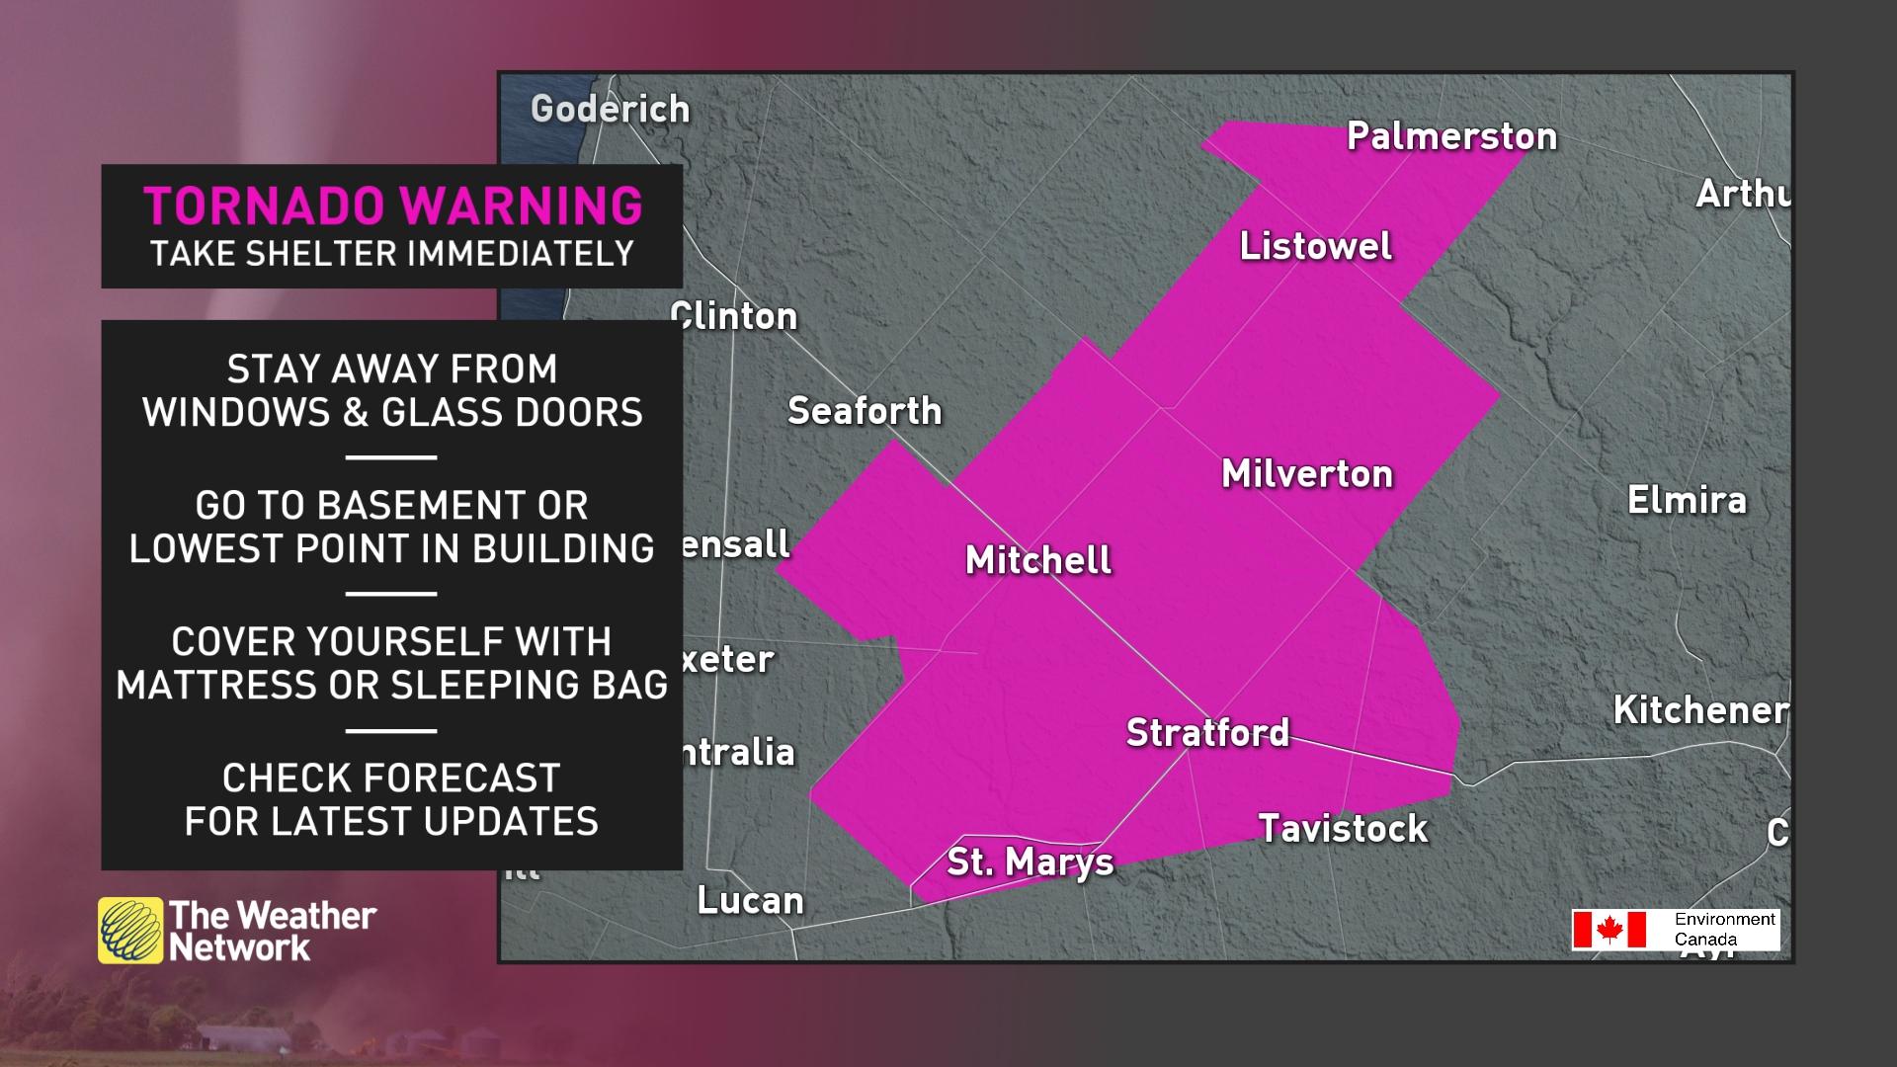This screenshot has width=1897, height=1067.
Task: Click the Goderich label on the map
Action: tap(610, 109)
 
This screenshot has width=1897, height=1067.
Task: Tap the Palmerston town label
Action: tap(1451, 136)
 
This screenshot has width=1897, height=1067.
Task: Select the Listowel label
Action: tap(1315, 246)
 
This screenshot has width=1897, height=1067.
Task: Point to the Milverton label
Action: tap(1307, 474)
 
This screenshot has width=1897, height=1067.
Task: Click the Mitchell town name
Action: tap(1037, 560)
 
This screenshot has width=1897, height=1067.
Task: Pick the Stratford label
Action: tap(1207, 733)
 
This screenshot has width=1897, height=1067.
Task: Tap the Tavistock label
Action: tap(1343, 828)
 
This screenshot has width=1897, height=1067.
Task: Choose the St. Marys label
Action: tap(1030, 862)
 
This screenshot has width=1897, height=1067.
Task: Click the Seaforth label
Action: tap(865, 411)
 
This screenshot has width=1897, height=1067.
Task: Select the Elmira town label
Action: tap(1687, 500)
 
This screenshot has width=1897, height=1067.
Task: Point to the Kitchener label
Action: tap(1699, 710)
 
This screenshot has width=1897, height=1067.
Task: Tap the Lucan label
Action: tap(750, 901)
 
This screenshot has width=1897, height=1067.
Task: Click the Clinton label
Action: tap(735, 316)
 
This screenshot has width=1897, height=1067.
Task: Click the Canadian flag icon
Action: tap(1609, 930)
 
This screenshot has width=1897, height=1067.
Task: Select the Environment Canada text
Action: tap(1723, 929)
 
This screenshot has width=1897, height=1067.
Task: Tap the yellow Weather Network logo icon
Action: tap(129, 930)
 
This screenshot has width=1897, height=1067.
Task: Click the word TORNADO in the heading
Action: tap(264, 206)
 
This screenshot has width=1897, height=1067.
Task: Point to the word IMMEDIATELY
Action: tap(521, 254)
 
